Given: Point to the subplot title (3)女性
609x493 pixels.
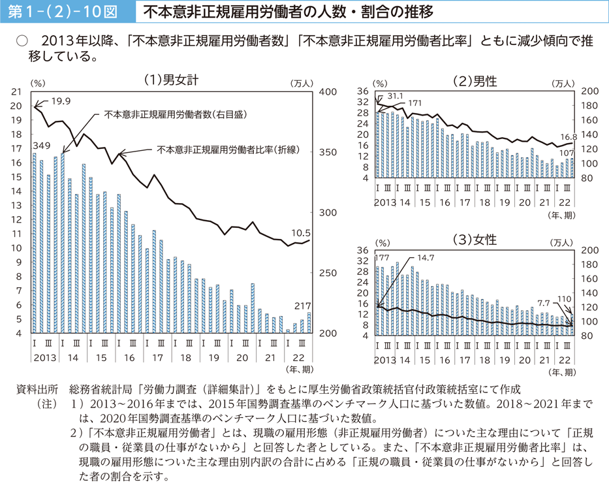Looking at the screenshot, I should [475, 240].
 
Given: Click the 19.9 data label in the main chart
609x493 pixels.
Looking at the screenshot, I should [61, 101].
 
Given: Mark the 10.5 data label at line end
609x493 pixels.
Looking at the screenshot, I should [300, 231].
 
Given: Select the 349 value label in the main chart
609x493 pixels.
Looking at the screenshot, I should [40, 144].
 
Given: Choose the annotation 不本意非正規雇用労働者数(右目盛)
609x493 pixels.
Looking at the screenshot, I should [178, 114].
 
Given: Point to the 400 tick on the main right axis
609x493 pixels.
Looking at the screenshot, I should [326, 92].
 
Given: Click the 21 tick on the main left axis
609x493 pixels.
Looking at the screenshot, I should [18, 92].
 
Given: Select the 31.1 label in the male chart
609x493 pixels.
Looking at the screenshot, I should [395, 96].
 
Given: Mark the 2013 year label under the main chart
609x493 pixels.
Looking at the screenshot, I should [44, 358].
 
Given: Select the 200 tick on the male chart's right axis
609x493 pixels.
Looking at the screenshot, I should [589, 91].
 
